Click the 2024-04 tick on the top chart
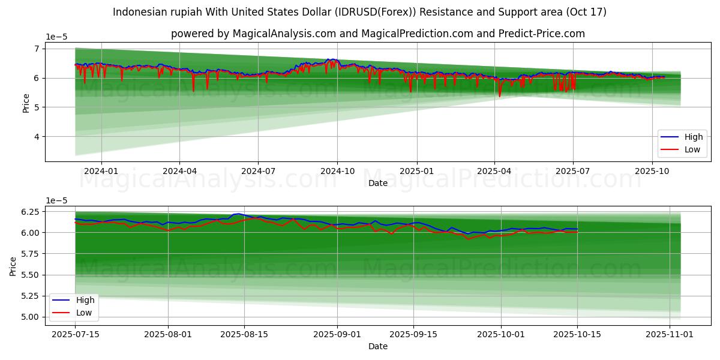[180, 170]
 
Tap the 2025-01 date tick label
[416, 170]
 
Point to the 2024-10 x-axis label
[337, 170]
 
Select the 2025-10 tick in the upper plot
[652, 170]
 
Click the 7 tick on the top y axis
[36, 49]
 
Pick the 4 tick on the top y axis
[36, 137]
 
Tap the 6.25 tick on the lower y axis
[29, 212]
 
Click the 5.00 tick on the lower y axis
[29, 317]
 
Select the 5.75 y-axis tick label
[29, 254]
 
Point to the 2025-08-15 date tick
[245, 334]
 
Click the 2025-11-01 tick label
[669, 334]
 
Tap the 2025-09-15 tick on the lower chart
[413, 334]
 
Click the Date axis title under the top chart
[378, 183]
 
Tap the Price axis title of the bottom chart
[13, 266]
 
